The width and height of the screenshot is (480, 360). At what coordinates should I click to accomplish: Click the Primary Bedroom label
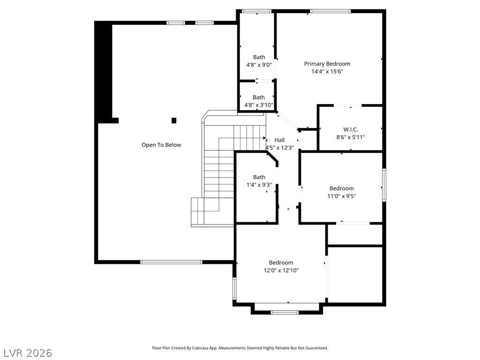(327, 64)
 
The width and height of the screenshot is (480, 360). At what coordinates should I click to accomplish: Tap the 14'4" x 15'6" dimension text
(327, 71)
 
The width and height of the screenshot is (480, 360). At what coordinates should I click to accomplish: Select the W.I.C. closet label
(351, 129)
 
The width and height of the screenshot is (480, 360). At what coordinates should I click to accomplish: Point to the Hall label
(279, 140)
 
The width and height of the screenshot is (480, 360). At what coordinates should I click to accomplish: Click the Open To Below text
(161, 145)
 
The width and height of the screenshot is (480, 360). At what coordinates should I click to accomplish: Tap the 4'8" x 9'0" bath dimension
(259, 65)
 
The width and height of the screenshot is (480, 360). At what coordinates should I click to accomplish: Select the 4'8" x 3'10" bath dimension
(259, 105)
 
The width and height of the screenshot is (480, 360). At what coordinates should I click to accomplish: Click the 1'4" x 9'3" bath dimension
(259, 185)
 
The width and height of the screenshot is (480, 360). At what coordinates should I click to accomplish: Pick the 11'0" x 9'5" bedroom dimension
(342, 196)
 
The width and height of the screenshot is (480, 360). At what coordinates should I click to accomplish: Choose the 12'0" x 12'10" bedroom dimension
(281, 270)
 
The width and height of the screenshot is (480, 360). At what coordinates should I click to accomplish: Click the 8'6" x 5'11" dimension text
(351, 137)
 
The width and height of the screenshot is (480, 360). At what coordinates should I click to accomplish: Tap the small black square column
(174, 120)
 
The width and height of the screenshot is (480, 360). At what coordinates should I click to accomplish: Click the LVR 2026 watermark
(26, 353)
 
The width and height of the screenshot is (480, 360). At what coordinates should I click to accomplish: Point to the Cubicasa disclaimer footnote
(240, 348)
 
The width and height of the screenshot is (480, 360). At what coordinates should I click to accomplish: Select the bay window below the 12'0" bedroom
(285, 312)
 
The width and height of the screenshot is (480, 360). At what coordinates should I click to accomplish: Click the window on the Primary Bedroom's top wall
(330, 11)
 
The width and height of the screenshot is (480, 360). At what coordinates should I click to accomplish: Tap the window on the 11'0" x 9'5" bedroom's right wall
(384, 185)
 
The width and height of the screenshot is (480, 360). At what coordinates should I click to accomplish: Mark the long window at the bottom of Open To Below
(172, 262)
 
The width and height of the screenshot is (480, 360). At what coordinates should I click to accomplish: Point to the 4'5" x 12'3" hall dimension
(279, 148)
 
